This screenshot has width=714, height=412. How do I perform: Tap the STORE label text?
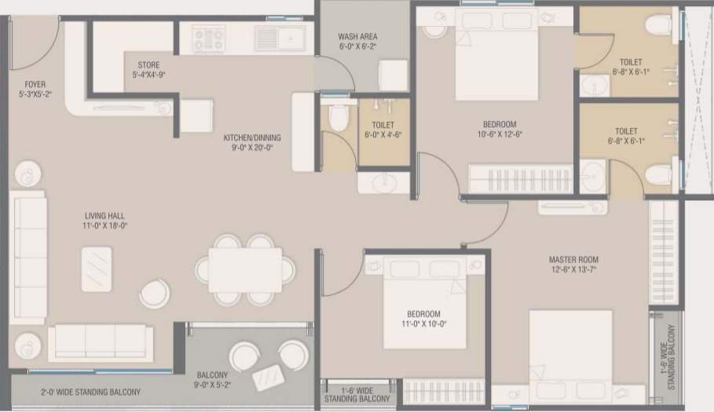click(x=148, y=65)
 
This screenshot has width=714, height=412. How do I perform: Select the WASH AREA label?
click(x=357, y=36)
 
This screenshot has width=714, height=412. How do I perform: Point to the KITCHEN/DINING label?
click(x=251, y=137)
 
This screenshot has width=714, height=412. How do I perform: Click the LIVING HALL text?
click(x=105, y=215)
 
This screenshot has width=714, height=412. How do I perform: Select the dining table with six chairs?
click(x=245, y=270)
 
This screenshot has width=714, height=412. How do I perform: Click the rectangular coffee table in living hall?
click(x=96, y=268)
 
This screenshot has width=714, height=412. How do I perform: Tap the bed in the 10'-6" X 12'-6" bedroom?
click(x=496, y=63)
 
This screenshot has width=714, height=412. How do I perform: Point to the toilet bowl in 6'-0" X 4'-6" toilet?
click(x=339, y=117)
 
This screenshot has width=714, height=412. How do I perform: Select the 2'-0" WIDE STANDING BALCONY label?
click(x=90, y=392)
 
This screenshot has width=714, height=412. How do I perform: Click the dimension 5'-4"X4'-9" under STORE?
click(x=148, y=75)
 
